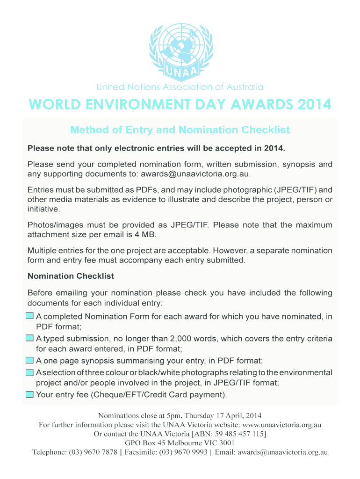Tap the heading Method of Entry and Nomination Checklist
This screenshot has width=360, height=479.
[x=180, y=130]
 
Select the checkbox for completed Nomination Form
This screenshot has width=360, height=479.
[x=29, y=316]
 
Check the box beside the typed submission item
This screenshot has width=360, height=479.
[x=29, y=338]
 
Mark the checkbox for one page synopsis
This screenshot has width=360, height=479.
[x=29, y=360]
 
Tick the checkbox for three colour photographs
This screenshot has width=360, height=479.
[x=29, y=372]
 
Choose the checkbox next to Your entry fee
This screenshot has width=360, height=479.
[x=29, y=394]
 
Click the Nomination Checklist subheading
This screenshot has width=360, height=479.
[x=71, y=276]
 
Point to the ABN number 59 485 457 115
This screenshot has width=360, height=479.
[x=238, y=434]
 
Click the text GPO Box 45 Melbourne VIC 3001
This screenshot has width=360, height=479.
[x=180, y=443]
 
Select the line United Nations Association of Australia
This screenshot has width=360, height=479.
[x=180, y=87]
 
